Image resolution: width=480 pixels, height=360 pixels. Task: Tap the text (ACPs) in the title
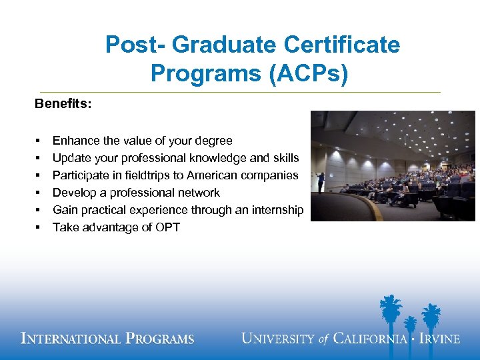[x=309, y=73]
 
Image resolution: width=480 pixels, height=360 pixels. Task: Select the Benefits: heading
[x=63, y=105]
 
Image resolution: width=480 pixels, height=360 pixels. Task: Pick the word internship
[x=276, y=210]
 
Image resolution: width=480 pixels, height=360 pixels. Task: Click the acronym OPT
[x=167, y=227]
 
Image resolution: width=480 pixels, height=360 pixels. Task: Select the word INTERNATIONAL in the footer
[x=69, y=339]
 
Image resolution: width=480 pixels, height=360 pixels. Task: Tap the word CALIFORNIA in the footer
[x=369, y=339]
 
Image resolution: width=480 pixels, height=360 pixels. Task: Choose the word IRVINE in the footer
[x=439, y=339]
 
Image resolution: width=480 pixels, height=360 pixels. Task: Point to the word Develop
[x=74, y=193]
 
